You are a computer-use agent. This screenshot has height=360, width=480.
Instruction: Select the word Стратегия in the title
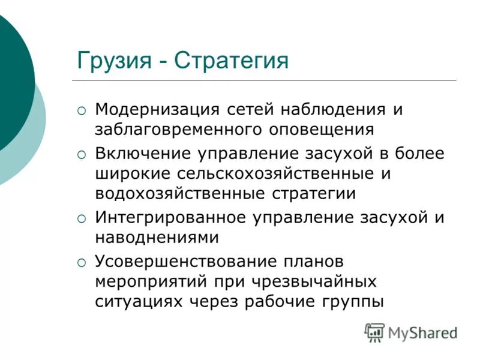(x=232, y=61)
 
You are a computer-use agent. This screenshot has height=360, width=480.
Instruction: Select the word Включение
(x=142, y=154)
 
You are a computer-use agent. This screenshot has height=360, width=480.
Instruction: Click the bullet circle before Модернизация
(x=82, y=111)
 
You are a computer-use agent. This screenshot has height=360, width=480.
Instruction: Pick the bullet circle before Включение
(x=82, y=154)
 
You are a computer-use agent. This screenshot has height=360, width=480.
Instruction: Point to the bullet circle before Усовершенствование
(x=82, y=262)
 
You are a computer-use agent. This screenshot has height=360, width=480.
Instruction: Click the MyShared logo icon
(x=374, y=332)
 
